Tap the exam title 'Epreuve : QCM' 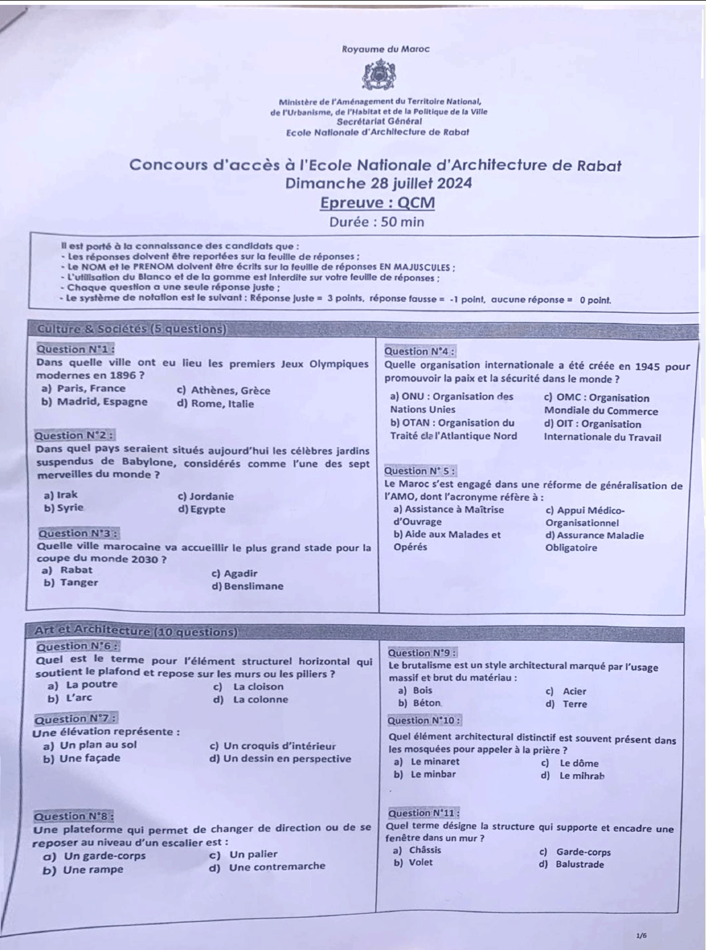[378, 203]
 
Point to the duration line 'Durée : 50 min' [376, 221]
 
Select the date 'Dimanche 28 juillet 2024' [379, 183]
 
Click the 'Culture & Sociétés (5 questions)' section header [131, 329]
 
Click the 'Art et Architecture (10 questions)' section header [136, 632]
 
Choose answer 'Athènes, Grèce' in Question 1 [230, 390]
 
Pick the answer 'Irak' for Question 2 [67, 495]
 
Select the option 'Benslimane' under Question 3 [253, 586]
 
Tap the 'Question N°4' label [420, 351]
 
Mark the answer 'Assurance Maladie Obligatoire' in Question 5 [594, 541]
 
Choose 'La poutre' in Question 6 [91, 684]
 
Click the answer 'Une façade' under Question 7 [90, 758]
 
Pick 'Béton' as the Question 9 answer [427, 703]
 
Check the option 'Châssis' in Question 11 [425, 850]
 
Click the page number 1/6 [641, 935]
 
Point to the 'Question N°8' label [75, 816]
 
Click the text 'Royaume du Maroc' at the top [385, 49]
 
